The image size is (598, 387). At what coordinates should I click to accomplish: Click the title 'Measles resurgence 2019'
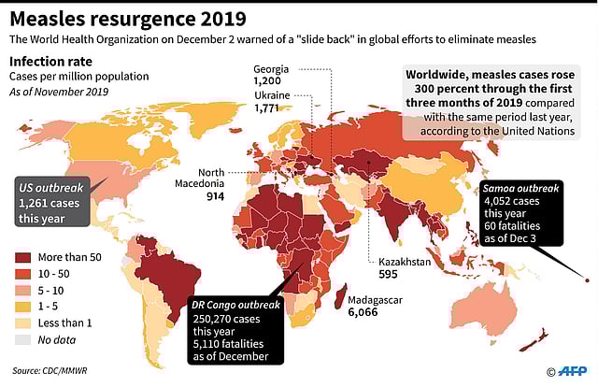coord(129,18)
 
